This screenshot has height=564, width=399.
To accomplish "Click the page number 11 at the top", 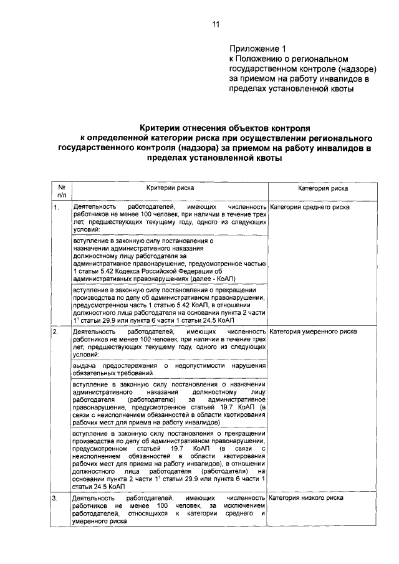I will (215, 24).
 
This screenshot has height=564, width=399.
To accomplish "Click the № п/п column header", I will (62, 191).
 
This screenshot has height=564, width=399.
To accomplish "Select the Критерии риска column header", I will (169, 187).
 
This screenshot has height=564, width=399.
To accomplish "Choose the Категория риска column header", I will (322, 187).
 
